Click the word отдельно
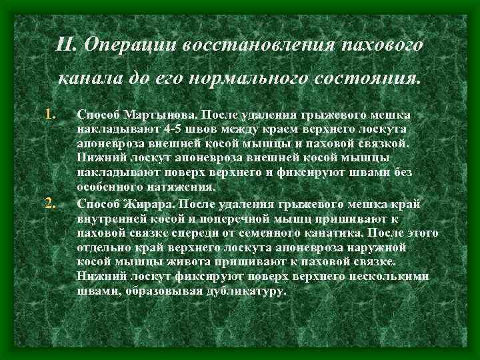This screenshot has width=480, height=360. [x=102, y=246]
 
